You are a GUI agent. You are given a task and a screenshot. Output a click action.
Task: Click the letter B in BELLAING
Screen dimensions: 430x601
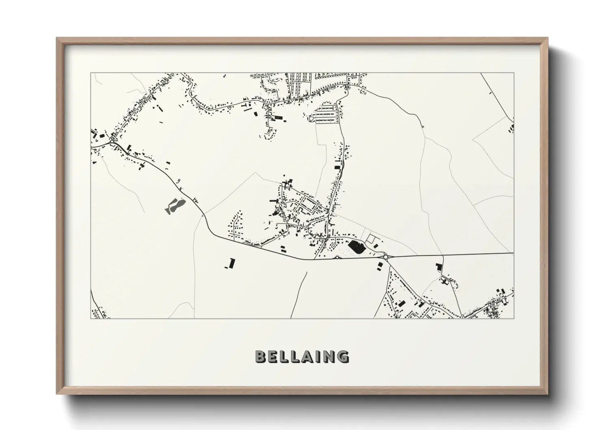pos(260,356)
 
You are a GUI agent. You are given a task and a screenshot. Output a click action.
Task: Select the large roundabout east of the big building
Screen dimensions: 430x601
pos(385,256)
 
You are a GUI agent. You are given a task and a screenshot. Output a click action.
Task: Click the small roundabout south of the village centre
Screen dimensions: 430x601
pos(337,257)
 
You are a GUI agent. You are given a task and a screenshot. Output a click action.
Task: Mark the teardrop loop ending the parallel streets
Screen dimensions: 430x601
pos(311,118)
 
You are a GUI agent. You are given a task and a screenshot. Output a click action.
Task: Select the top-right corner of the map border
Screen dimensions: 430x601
pos(514,73)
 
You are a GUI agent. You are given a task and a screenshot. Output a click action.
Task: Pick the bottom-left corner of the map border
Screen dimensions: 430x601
pos(91,318)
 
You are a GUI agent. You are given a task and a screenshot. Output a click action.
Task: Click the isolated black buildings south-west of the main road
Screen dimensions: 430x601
pos(229,264)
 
